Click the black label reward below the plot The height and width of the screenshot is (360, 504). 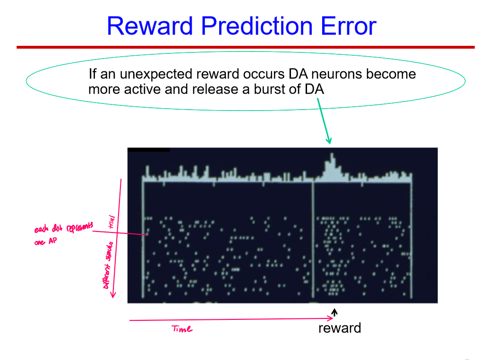point(339,328)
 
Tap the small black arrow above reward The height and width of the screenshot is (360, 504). point(334,312)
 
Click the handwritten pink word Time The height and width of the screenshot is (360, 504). point(182,329)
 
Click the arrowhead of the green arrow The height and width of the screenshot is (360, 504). point(329,140)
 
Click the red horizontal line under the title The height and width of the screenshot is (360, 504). point(246,47)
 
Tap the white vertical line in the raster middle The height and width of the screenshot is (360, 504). point(313,241)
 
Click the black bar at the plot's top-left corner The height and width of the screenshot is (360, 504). point(148,150)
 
